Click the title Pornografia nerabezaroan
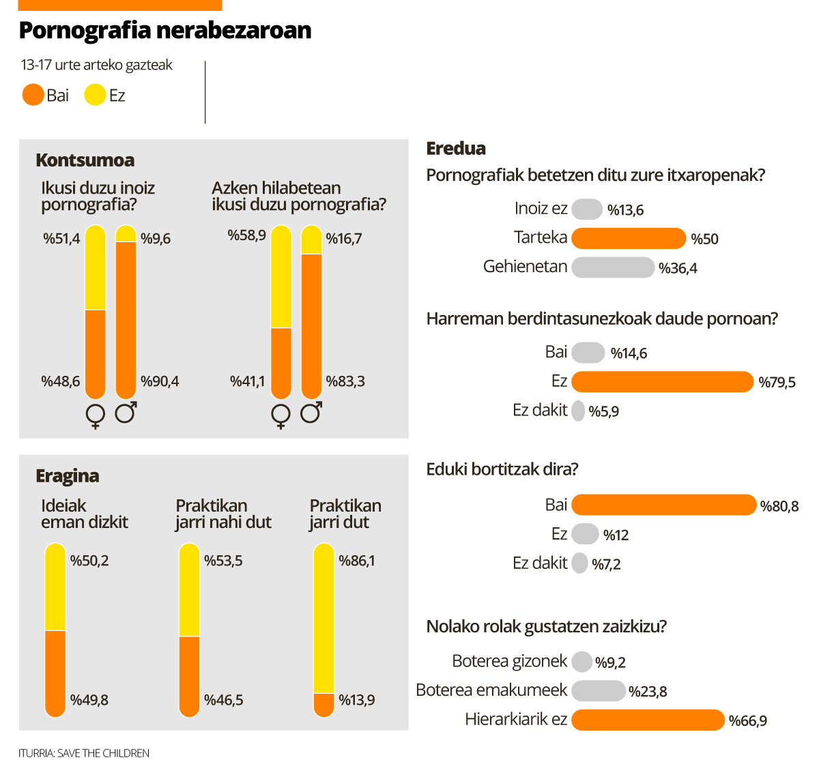point(164,31)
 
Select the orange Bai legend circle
point(33,95)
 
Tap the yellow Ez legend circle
point(95,95)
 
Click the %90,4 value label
point(160,381)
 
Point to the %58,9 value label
point(246,235)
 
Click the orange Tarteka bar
point(628,238)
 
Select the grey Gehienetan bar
point(612,267)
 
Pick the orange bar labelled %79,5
point(662,381)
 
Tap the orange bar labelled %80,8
point(663,505)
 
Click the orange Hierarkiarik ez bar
point(647,720)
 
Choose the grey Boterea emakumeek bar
point(598,690)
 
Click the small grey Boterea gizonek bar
point(581,662)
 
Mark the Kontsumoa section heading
point(85,160)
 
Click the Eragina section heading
point(67,475)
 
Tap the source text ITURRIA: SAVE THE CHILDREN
point(83,753)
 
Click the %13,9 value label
point(356,700)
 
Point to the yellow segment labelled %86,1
point(324,617)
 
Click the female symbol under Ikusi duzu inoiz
point(95,415)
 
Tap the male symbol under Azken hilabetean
point(311,413)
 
